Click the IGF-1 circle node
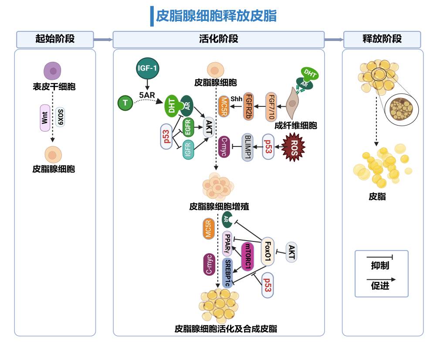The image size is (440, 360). [x=147, y=68]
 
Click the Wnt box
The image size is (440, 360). [x=45, y=118]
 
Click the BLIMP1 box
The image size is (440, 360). [x=247, y=147]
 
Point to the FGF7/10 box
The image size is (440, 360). [x=271, y=106]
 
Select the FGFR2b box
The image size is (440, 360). [x=250, y=106]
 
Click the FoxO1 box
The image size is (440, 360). [x=268, y=251]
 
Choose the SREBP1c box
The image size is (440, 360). [x=228, y=273]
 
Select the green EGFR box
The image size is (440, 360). [x=188, y=129]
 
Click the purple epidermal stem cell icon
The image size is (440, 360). [x=53, y=71]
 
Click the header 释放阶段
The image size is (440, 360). [x=382, y=39]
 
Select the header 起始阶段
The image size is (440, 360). [x=55, y=39]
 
